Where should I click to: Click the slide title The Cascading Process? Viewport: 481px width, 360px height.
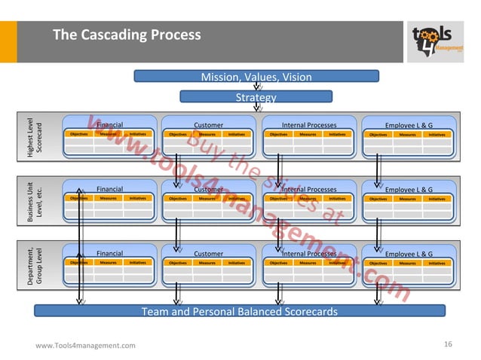pos(126,35)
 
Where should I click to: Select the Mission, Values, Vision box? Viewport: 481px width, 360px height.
pos(256,77)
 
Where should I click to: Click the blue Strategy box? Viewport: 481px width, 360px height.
pos(256,97)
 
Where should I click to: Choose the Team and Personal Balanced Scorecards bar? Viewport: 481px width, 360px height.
pos(240,311)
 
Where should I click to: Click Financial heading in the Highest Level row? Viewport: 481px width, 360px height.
pos(109,125)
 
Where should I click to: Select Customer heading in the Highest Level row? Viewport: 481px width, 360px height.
pos(209,125)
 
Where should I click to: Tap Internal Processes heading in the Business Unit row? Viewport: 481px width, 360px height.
pos(309,190)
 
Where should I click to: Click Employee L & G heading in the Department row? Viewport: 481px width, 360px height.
pos(409,254)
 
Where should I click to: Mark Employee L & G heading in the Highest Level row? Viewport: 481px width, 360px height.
pos(409,125)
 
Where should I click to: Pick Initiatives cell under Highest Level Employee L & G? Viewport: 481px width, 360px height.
pos(437,135)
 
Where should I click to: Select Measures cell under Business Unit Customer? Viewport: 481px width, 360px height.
pos(207,199)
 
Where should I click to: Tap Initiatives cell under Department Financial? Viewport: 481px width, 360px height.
pos(137,263)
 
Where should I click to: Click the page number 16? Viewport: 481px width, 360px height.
pos(448,344)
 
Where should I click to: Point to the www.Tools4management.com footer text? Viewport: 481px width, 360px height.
pos(86,345)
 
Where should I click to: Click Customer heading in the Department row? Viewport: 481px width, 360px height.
pos(209,254)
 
